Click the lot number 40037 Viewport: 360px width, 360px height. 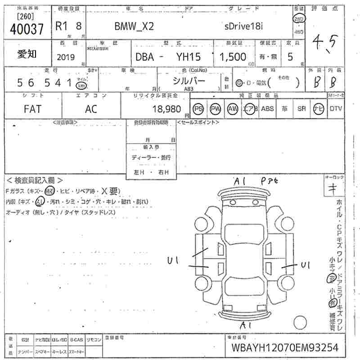[x=27, y=29]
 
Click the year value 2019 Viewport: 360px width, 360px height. [x=66, y=57]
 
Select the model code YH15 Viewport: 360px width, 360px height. [x=191, y=57]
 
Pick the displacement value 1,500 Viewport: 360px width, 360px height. [x=233, y=57]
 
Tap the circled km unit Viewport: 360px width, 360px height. [x=81, y=85]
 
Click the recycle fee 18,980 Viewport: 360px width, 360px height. [x=166, y=109]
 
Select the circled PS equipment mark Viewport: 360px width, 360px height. [x=198, y=108]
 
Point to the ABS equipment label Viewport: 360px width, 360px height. [x=267, y=108]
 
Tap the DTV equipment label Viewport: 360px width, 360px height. [x=336, y=108]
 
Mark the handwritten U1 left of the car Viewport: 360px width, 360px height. [x=174, y=260]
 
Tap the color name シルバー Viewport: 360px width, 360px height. [x=189, y=81]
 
